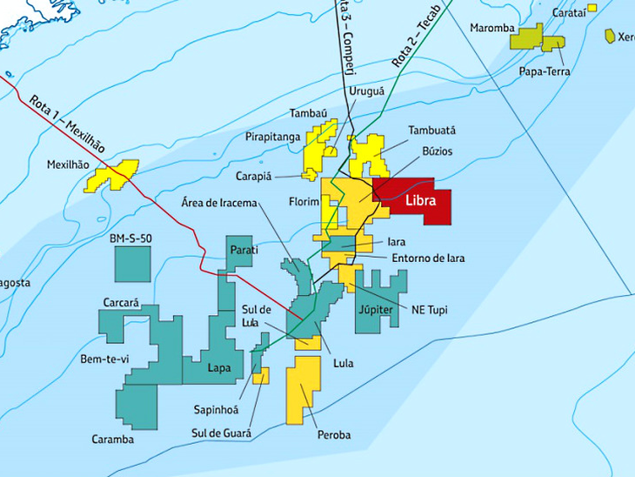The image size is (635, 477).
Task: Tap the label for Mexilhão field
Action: pos(70,163)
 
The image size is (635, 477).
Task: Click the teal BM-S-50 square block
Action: pos(133,264)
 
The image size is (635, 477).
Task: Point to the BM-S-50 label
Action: pos(130,238)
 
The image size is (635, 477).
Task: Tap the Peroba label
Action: pos(334,433)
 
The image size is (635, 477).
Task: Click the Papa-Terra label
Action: pos(545,71)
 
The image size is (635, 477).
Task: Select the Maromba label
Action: pos(492,28)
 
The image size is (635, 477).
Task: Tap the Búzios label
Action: pos(437,151)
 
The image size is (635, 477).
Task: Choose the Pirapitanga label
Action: pos(272,138)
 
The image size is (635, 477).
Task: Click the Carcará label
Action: pos(122,303)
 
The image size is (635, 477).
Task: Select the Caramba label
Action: pos(113,439)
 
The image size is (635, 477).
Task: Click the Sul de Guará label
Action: pos(223,433)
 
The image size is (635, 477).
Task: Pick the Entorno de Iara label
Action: pos(427,258)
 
